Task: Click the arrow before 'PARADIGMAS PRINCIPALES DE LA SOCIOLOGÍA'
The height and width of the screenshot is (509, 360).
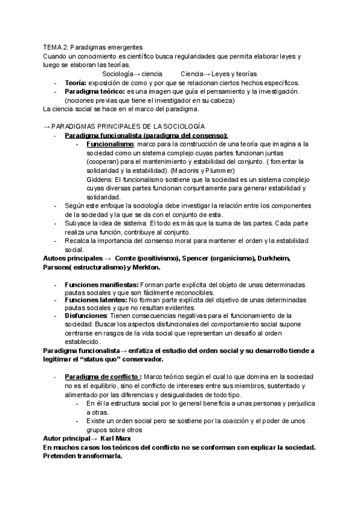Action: coord(46,127)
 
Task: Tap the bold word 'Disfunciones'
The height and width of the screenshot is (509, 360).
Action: coord(86,315)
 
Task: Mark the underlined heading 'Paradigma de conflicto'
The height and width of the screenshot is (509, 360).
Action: coord(100,376)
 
